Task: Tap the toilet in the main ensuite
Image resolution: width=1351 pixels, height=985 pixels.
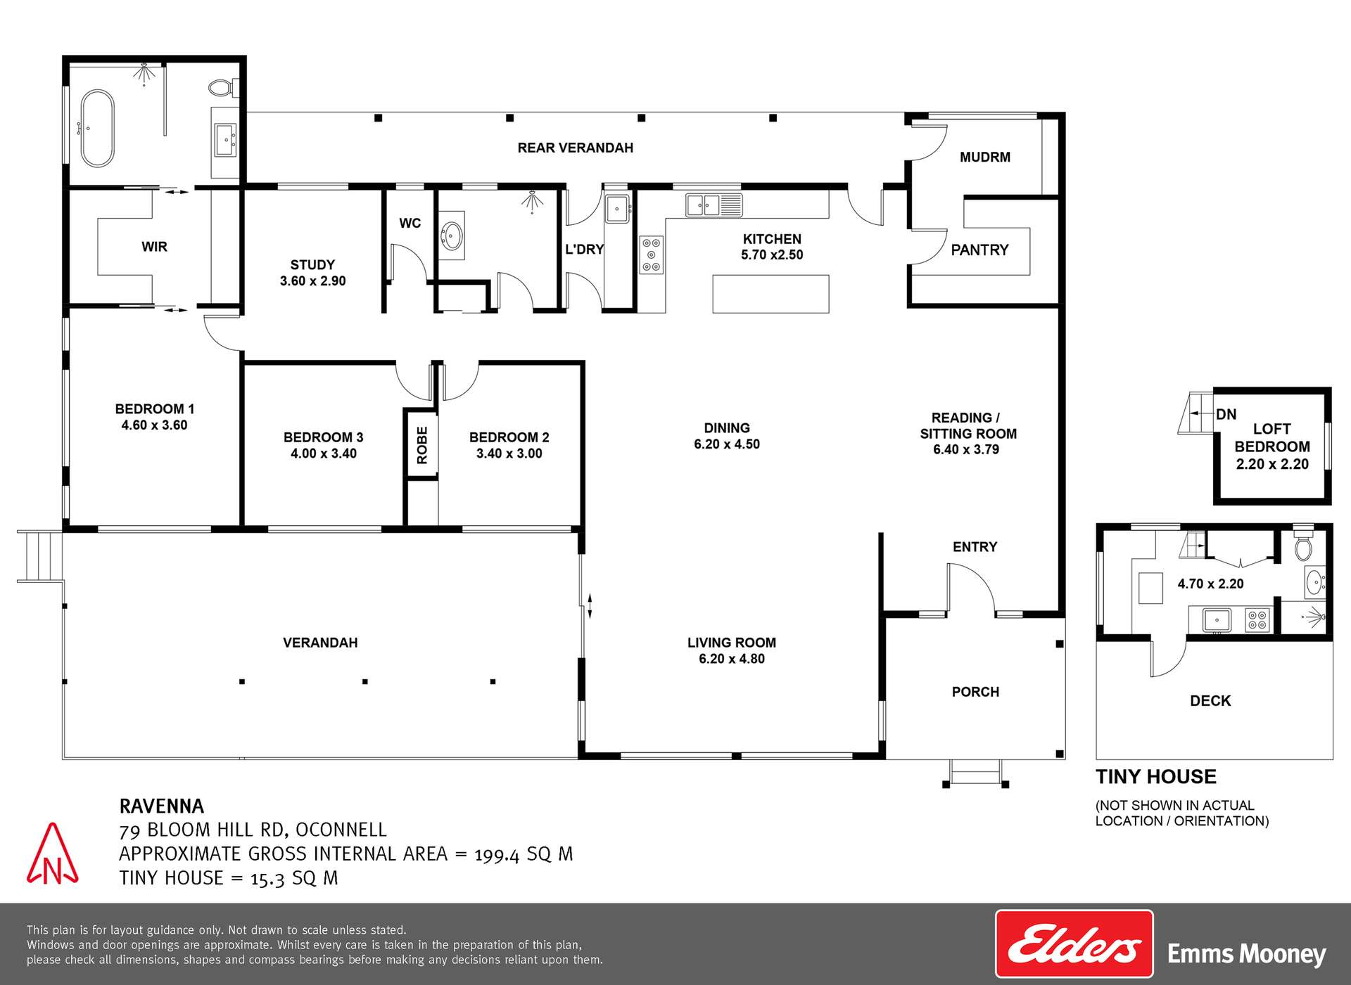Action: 221,89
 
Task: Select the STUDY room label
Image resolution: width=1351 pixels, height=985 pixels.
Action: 312,265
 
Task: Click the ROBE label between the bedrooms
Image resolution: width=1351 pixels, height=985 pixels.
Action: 421,445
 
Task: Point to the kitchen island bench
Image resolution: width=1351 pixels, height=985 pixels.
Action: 770,294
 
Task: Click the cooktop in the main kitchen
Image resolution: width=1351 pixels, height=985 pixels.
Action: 652,255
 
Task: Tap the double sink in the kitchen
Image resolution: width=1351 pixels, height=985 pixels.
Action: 713,205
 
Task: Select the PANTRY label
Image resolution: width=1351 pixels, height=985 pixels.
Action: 979,250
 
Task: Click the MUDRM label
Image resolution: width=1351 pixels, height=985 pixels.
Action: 984,157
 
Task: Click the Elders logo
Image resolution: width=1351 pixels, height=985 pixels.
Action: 1074,944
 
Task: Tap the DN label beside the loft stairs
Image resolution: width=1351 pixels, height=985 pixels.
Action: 1226,415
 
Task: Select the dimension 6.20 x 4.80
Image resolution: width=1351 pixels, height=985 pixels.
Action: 731,659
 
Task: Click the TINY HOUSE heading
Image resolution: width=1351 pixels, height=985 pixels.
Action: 1155,777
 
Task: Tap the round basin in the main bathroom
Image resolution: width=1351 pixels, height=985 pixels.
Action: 452,236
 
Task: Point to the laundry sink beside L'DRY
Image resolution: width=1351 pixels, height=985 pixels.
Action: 617,209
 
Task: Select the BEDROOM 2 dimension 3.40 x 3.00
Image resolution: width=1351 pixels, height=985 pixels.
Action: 509,453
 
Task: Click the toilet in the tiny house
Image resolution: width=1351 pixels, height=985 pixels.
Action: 1303,546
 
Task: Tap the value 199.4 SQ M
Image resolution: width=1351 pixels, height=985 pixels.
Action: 524,854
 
